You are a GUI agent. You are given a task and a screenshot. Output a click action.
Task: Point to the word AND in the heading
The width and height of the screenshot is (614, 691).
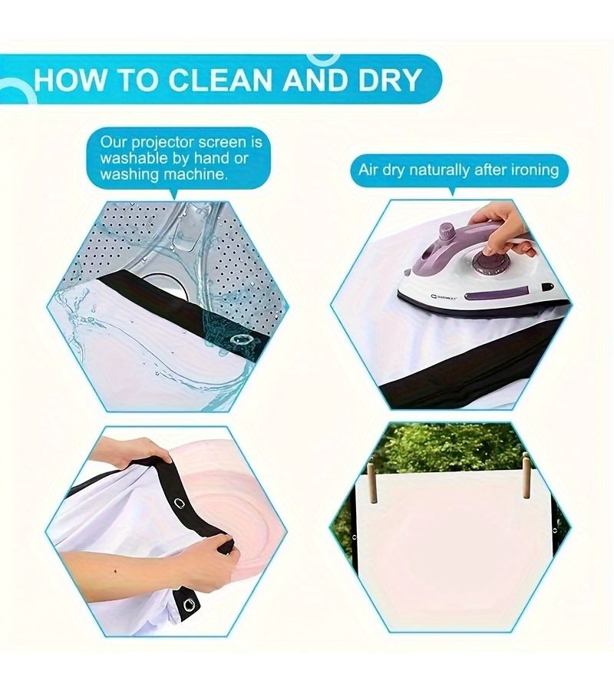point(315,80)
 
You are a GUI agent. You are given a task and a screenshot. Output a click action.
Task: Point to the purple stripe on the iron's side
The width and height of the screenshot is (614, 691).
point(497,293)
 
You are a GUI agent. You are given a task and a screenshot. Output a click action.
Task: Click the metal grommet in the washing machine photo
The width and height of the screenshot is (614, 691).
point(240,339)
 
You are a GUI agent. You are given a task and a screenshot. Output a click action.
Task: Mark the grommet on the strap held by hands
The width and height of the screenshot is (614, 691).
point(180,502)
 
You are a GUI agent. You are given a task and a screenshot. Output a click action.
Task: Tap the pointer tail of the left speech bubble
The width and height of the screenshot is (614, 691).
point(174,194)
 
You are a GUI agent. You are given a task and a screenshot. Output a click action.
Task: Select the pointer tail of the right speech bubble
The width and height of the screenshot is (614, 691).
point(452,191)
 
